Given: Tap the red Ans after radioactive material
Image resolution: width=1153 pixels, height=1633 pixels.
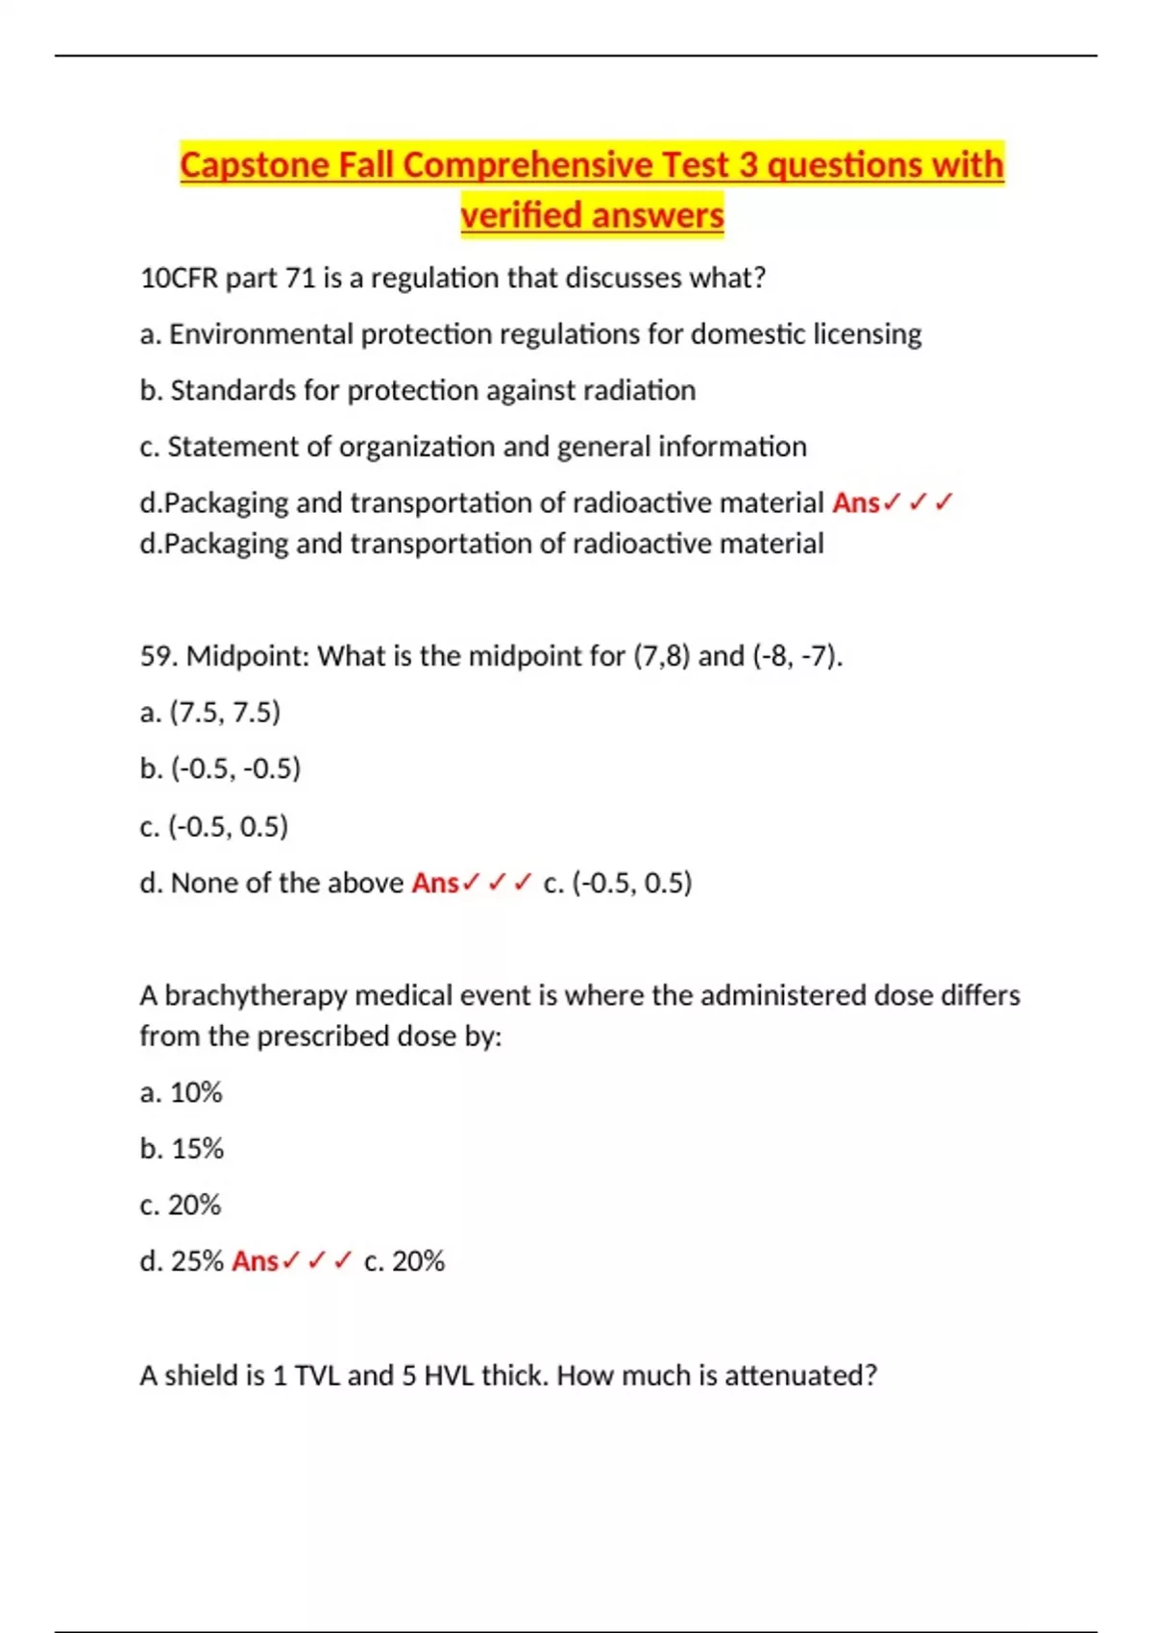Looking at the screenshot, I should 855,503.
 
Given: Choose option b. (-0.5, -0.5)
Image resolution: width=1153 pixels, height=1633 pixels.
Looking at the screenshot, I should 220,768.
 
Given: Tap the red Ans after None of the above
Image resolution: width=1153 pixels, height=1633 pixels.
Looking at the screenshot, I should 434,883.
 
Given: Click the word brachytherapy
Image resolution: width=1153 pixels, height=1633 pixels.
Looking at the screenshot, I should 256,995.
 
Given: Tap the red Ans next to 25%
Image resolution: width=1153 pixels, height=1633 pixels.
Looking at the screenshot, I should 255,1261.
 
